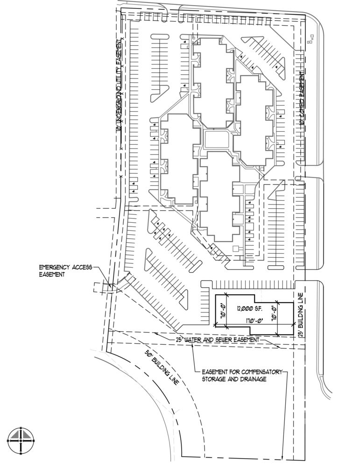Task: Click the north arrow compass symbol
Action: click(21, 441)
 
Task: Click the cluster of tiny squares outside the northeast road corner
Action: click(310, 42)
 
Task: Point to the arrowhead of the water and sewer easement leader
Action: click(280, 347)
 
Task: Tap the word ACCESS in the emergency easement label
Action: click(84, 267)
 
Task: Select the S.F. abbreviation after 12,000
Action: click(258, 308)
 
